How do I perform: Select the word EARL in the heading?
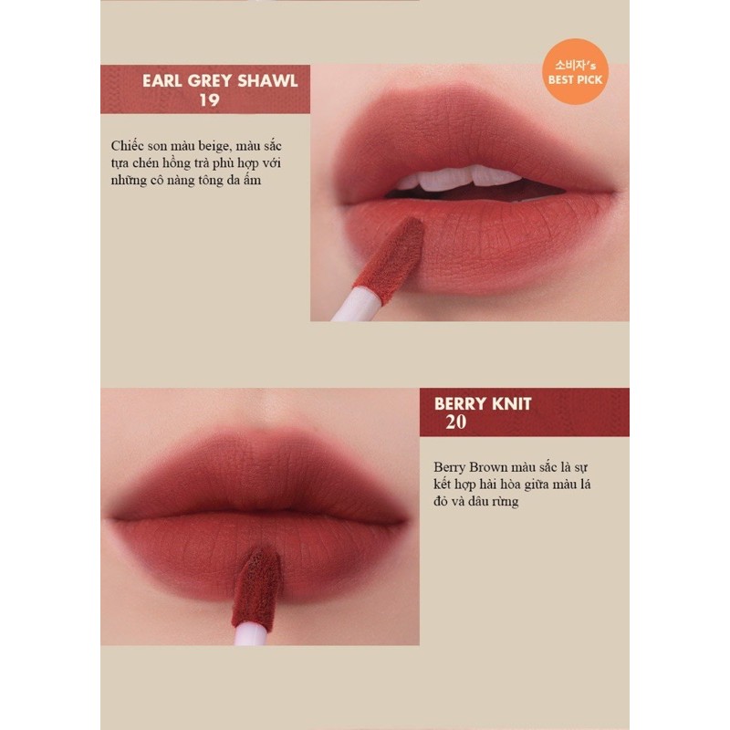[x=163, y=80]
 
